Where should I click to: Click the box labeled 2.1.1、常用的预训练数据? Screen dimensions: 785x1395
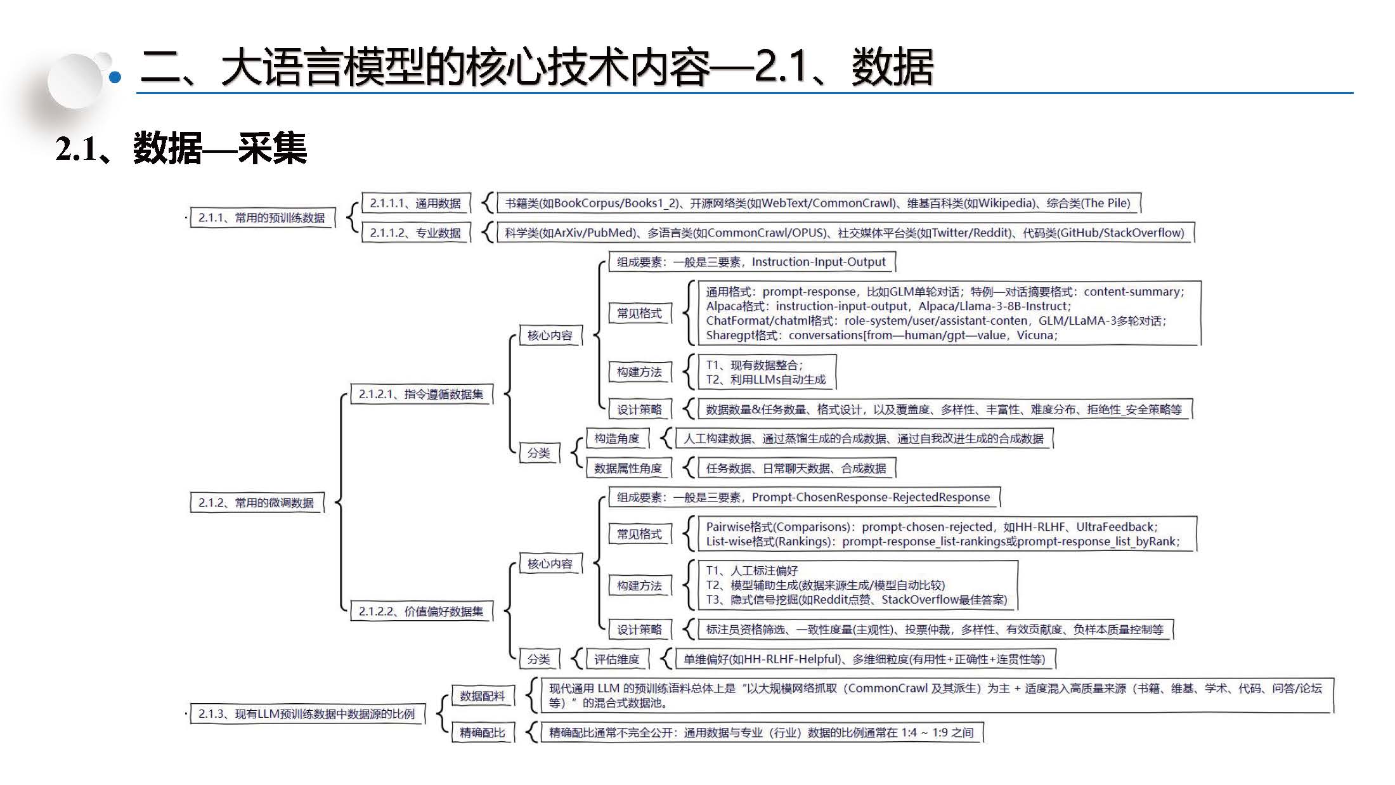(261, 218)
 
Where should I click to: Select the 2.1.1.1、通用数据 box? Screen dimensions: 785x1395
(415, 204)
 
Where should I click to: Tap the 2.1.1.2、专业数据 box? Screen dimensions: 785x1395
(415, 233)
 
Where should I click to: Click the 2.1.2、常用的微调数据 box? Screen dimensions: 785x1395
(256, 503)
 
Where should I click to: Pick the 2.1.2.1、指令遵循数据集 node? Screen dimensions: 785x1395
(420, 394)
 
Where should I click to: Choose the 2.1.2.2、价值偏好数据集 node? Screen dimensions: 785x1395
(420, 611)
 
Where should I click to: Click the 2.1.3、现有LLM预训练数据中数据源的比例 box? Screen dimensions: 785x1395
(306, 714)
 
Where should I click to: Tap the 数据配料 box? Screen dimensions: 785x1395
(482, 696)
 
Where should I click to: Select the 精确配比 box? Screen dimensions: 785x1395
(482, 733)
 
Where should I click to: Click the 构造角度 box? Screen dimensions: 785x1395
(616, 439)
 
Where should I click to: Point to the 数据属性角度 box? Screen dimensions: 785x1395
(628, 469)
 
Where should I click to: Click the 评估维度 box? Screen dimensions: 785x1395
(616, 659)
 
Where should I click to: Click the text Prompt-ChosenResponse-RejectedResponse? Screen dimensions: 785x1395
(870, 497)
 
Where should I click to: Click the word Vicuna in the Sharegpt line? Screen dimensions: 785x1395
(1035, 335)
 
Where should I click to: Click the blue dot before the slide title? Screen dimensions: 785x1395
(115, 78)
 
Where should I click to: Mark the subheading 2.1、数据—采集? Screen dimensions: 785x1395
(181, 149)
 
